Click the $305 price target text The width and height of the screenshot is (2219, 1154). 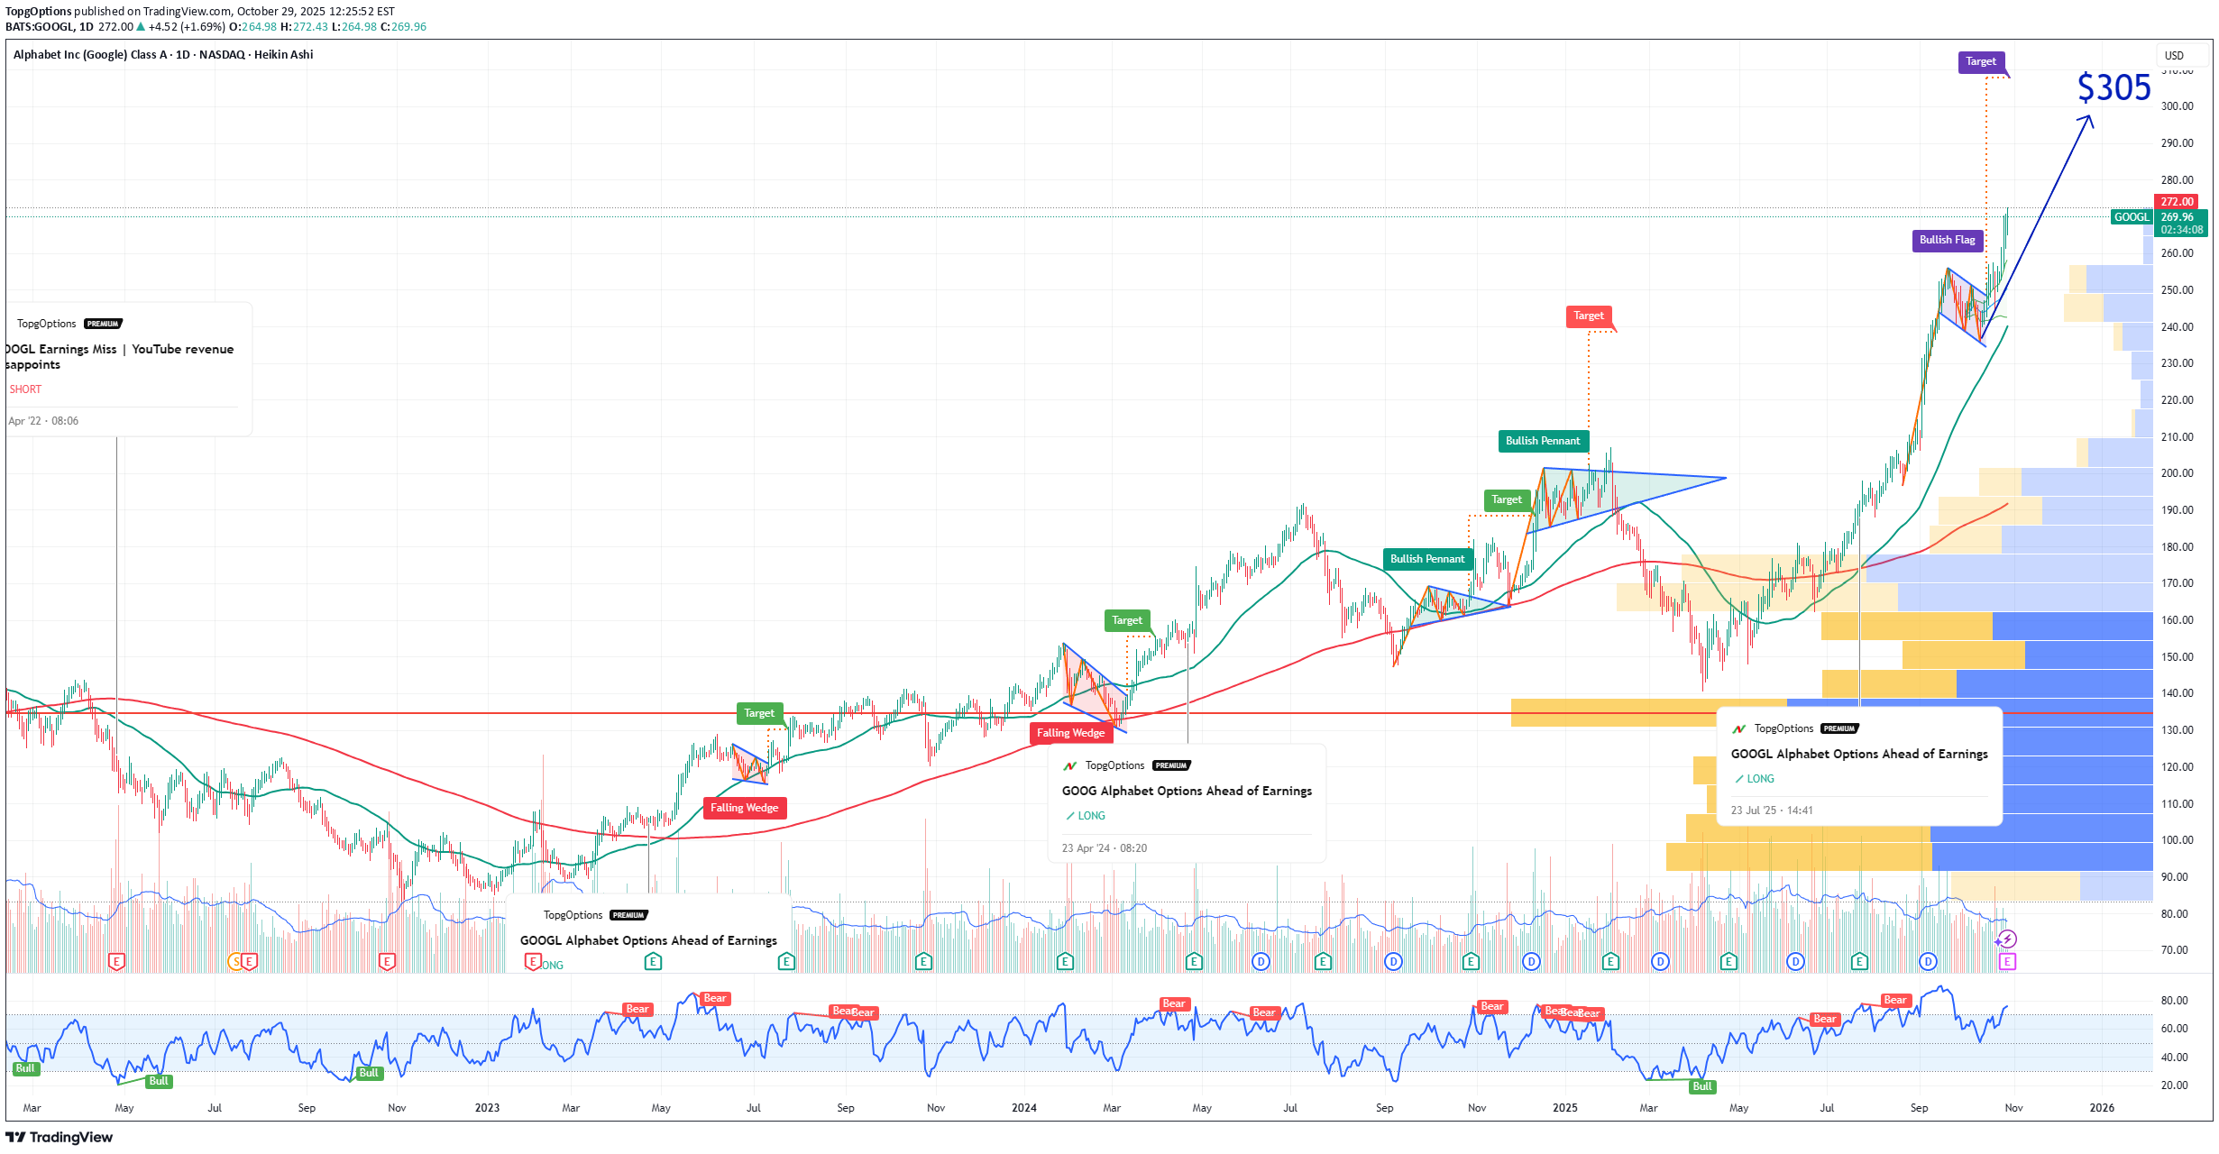2114,88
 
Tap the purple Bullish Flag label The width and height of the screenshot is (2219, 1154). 1947,240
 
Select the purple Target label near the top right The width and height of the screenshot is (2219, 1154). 1980,61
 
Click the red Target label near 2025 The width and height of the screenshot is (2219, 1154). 1588,316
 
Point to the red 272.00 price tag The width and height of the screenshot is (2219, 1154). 2176,202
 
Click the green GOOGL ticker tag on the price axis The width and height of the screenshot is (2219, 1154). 2132,217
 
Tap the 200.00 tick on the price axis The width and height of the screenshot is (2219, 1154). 2177,473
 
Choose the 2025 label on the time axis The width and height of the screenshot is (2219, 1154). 1564,1108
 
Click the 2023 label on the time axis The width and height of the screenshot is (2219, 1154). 487,1108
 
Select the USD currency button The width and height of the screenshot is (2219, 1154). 2174,56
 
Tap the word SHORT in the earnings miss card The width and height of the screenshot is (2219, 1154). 25,389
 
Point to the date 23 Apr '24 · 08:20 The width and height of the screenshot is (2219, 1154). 1104,848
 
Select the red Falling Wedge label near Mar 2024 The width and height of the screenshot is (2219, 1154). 1070,733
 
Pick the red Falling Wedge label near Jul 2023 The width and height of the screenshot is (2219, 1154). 744,808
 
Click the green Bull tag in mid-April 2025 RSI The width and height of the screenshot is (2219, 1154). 1701,1086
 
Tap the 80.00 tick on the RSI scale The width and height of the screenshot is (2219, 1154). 2174,1001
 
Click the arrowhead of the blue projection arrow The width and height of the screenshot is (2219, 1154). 2088,118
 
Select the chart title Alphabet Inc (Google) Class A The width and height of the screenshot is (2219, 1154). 90,55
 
